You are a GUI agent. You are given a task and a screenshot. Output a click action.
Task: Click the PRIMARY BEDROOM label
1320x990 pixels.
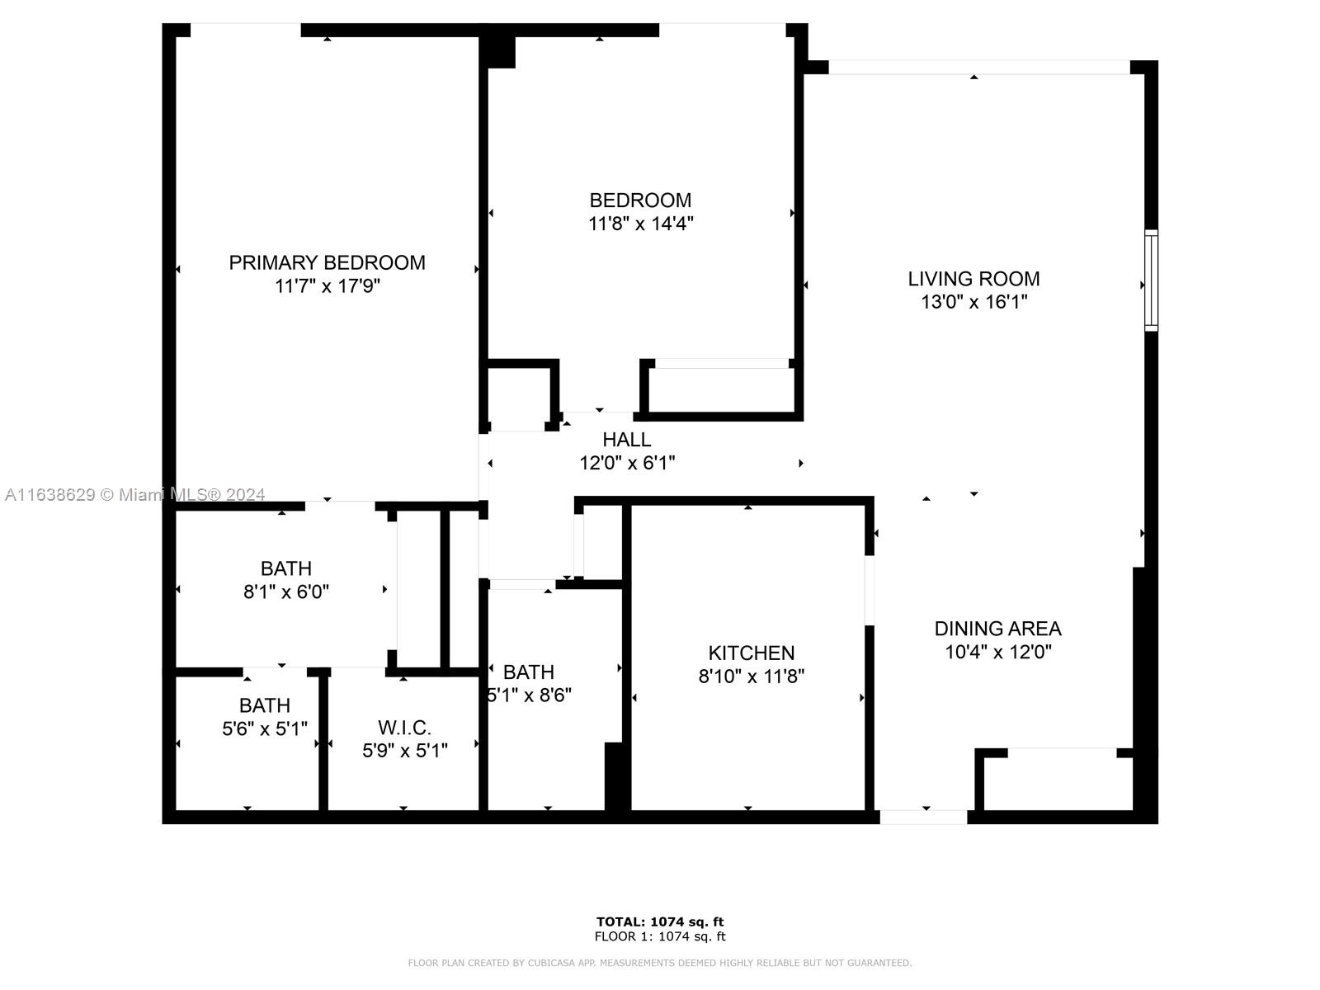click(x=328, y=262)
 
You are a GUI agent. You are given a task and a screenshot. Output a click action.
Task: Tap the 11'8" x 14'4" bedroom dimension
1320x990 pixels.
click(x=640, y=224)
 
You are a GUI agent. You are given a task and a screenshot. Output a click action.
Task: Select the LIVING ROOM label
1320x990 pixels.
click(x=973, y=279)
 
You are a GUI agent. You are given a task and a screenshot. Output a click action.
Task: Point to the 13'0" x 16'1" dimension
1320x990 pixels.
click(x=974, y=302)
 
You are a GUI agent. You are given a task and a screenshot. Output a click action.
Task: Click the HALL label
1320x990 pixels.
click(x=627, y=440)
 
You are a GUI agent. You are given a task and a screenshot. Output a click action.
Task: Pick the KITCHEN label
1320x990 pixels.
click(x=751, y=653)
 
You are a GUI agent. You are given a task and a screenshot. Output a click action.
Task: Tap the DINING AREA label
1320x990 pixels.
click(x=997, y=629)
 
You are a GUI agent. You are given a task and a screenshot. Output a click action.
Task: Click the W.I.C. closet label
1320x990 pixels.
click(x=405, y=728)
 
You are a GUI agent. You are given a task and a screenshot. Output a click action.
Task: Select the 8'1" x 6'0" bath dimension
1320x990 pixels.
click(x=286, y=592)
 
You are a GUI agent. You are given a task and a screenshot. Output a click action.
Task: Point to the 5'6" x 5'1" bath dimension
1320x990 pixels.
click(x=265, y=729)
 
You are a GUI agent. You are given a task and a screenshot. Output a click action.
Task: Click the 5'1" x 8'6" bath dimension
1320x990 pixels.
click(x=529, y=695)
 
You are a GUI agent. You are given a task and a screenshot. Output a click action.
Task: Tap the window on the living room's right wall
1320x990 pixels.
click(x=1150, y=280)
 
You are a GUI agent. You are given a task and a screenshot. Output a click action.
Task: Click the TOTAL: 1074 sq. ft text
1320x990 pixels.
click(x=660, y=922)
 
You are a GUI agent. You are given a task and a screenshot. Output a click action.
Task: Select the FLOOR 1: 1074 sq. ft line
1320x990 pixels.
click(x=660, y=936)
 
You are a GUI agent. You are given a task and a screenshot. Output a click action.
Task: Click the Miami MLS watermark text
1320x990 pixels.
click(x=134, y=495)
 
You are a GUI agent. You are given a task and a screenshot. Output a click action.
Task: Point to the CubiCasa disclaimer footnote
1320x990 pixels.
click(x=660, y=963)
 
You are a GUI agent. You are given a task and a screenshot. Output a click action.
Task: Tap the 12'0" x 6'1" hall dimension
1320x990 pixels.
click(x=627, y=463)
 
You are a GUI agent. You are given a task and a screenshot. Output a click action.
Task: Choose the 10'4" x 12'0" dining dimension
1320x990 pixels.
click(x=998, y=652)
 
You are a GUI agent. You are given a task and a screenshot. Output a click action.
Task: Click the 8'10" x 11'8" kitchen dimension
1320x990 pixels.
click(x=751, y=676)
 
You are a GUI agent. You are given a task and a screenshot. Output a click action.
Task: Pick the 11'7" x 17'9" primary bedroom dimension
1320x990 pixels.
click(x=328, y=286)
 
